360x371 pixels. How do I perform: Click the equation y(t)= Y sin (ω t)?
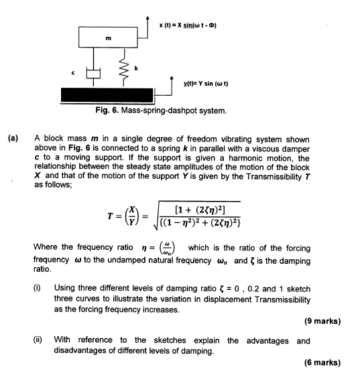point(206,83)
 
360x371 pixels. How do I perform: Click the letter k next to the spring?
point(137,68)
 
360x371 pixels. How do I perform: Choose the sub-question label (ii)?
point(38,340)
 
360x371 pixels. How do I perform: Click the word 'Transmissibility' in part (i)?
point(286,298)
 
